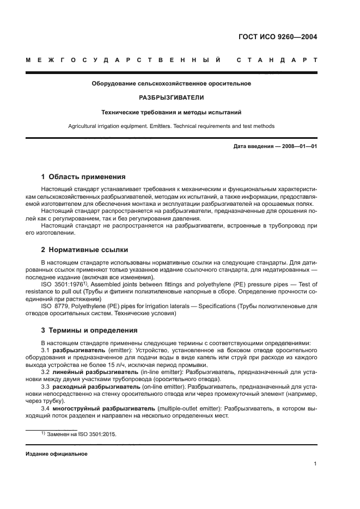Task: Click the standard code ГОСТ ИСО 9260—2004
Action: click(278, 38)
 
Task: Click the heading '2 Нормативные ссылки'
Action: click(85, 250)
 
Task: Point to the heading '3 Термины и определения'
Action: click(89, 330)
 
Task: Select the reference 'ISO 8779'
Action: click(57, 306)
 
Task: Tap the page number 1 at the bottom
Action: click(315, 464)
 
